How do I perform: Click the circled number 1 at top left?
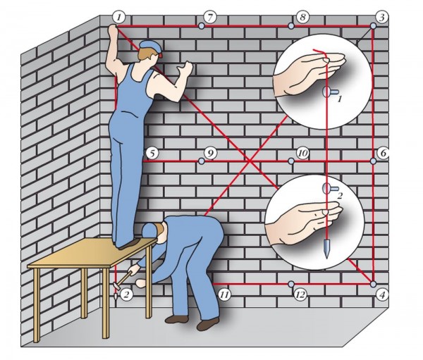pos(118,15)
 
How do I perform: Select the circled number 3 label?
pos(381,16)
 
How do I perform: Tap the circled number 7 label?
pos(209,15)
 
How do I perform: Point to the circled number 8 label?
pos(302,15)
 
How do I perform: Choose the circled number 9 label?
pos(209,153)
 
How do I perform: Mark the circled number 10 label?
pos(302,153)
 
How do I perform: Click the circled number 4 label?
pos(382,294)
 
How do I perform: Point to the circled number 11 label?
pos(224,294)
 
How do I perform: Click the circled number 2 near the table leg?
pos(126,294)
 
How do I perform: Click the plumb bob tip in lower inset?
pos(326,253)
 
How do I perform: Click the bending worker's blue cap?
pos(151,230)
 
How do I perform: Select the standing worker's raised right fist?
pos(187,68)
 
